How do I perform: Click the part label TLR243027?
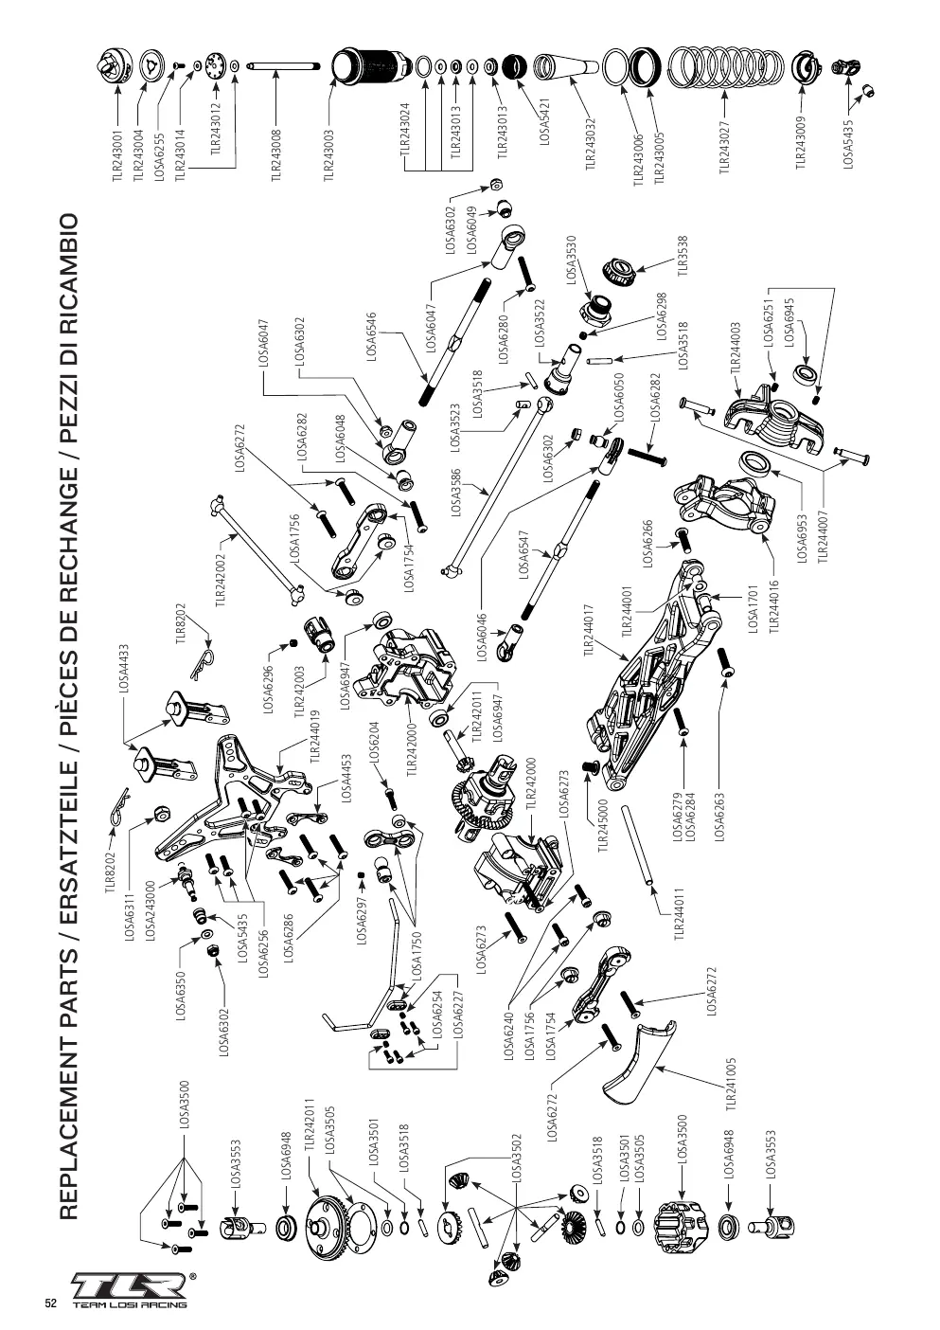(x=724, y=147)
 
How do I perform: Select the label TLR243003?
(x=329, y=153)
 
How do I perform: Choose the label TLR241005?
(x=732, y=1083)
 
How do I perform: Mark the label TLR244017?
(x=590, y=630)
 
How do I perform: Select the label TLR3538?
(x=683, y=256)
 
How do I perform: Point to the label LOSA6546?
(x=372, y=336)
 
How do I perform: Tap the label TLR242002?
(x=221, y=581)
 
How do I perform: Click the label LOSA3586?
(x=455, y=493)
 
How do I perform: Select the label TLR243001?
(x=116, y=156)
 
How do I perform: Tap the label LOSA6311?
(x=132, y=917)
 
